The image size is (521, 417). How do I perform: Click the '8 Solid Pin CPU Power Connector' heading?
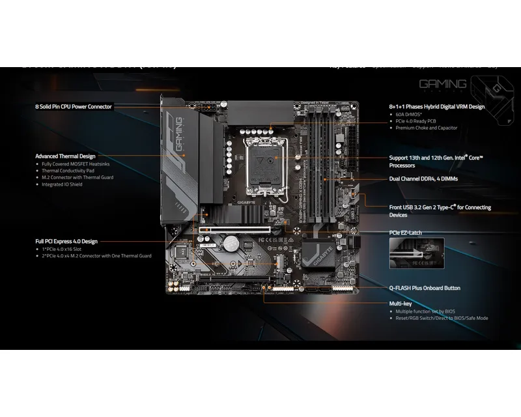pos(74,106)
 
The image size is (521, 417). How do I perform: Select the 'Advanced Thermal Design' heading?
pos(65,156)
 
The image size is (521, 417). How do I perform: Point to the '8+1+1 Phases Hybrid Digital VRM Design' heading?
pos(437,106)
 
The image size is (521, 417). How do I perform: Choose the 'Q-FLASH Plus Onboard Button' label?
pos(425,287)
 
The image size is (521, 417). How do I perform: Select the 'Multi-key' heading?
pos(401,304)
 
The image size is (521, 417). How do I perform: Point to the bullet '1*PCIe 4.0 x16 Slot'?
pos(67,249)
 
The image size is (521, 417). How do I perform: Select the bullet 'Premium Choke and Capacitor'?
pos(427,128)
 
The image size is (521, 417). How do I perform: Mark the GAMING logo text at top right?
pos(442,85)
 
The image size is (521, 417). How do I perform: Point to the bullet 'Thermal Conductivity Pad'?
pos(71,171)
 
